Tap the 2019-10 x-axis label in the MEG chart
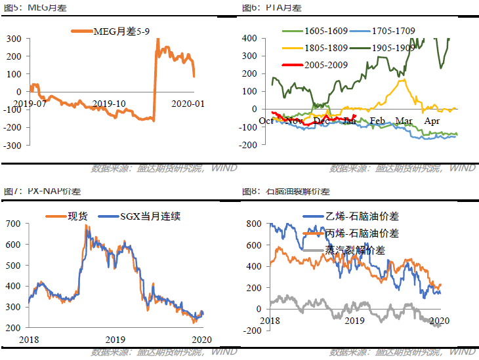pyautogui.click(x=109, y=104)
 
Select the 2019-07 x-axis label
pyautogui.click(x=30, y=104)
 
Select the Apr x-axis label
pyautogui.click(x=432, y=121)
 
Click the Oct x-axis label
pyautogui.click(x=267, y=121)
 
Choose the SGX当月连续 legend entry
pyautogui.click(x=148, y=216)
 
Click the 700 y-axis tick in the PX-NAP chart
pyautogui.click(x=13, y=224)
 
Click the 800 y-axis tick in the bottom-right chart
pyautogui.click(x=253, y=224)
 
